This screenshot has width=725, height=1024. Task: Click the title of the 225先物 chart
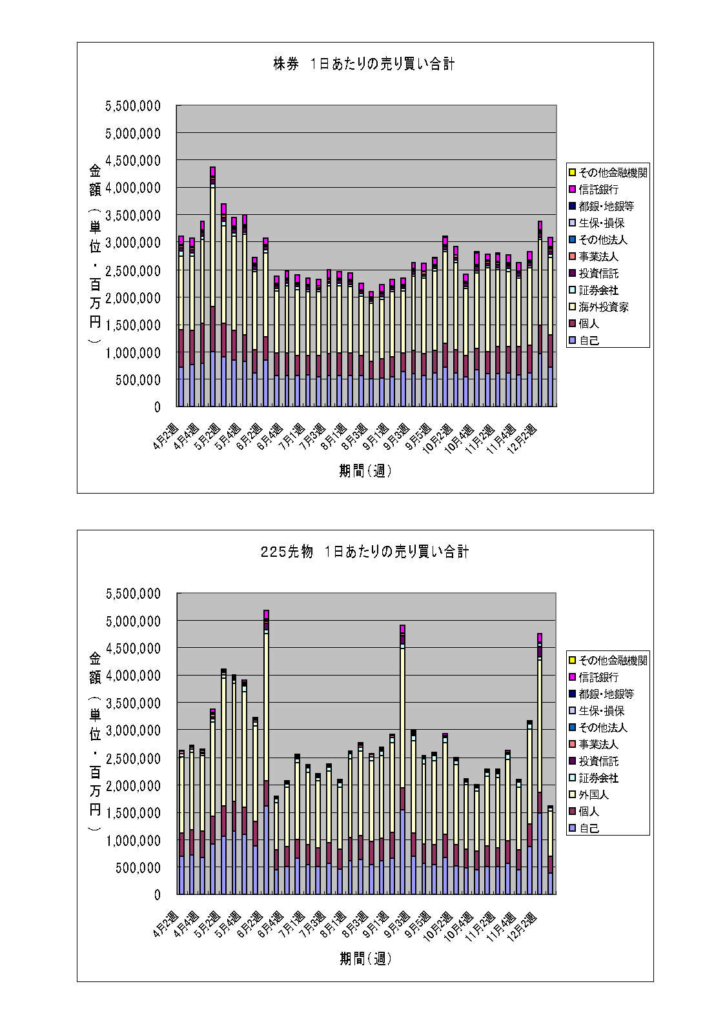pyautogui.click(x=364, y=552)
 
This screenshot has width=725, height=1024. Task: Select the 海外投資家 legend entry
pyautogui.click(x=603, y=307)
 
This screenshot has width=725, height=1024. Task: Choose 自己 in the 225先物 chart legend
pyautogui.click(x=589, y=828)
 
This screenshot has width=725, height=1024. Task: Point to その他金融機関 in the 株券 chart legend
pyautogui.click(x=613, y=173)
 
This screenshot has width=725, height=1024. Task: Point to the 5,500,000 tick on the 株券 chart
pyautogui.click(x=133, y=106)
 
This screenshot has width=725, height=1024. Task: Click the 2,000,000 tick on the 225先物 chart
pyautogui.click(x=133, y=785)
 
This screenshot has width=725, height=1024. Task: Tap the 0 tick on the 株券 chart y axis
pyautogui.click(x=157, y=407)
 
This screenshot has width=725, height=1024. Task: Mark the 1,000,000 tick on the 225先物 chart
pyautogui.click(x=133, y=840)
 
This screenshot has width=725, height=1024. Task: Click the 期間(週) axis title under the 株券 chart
pyautogui.click(x=365, y=472)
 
